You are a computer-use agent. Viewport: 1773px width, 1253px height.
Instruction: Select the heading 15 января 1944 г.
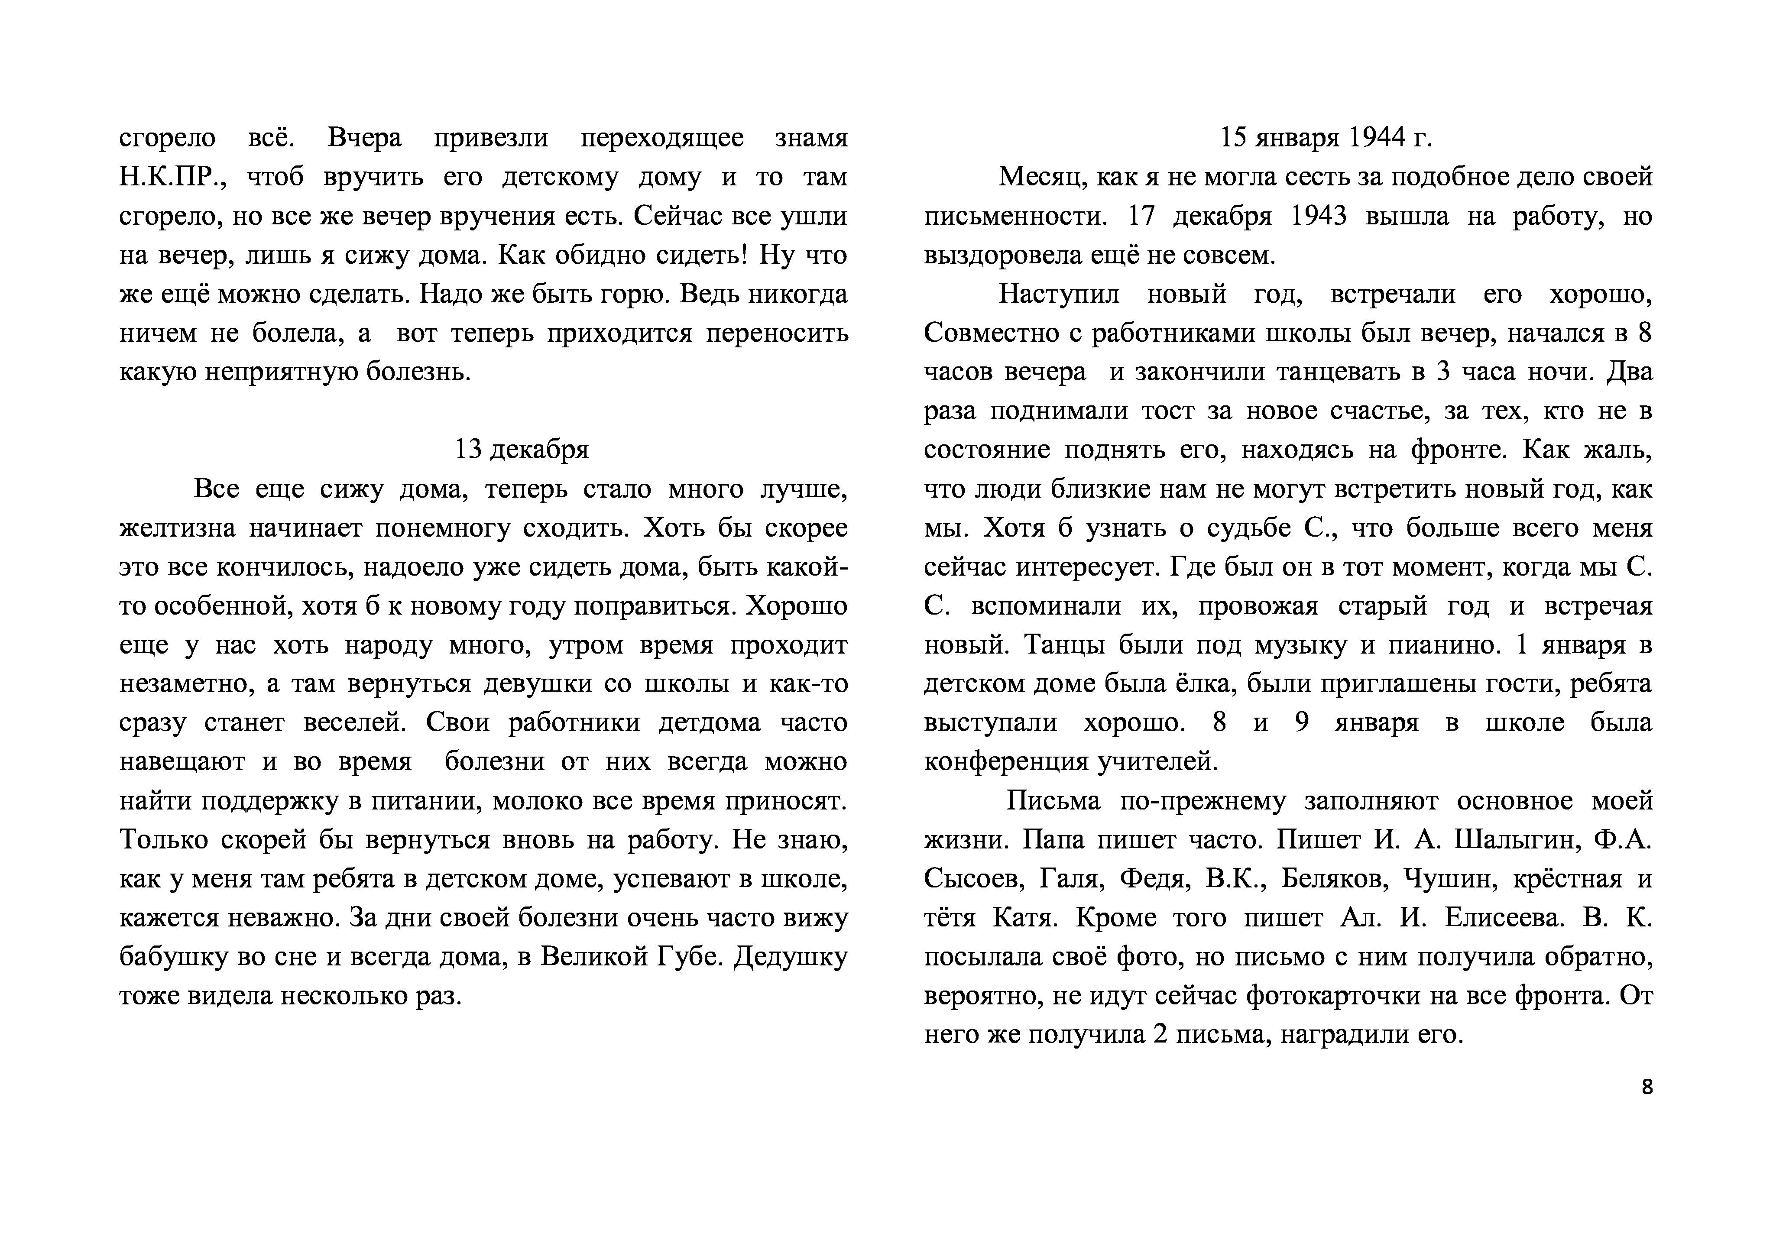pos(1326,138)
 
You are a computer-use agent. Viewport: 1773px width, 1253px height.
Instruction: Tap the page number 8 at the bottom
pos(1647,1087)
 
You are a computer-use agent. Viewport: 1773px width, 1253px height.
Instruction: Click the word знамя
pos(811,138)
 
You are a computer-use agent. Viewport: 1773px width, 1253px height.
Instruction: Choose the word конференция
pos(1007,762)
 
